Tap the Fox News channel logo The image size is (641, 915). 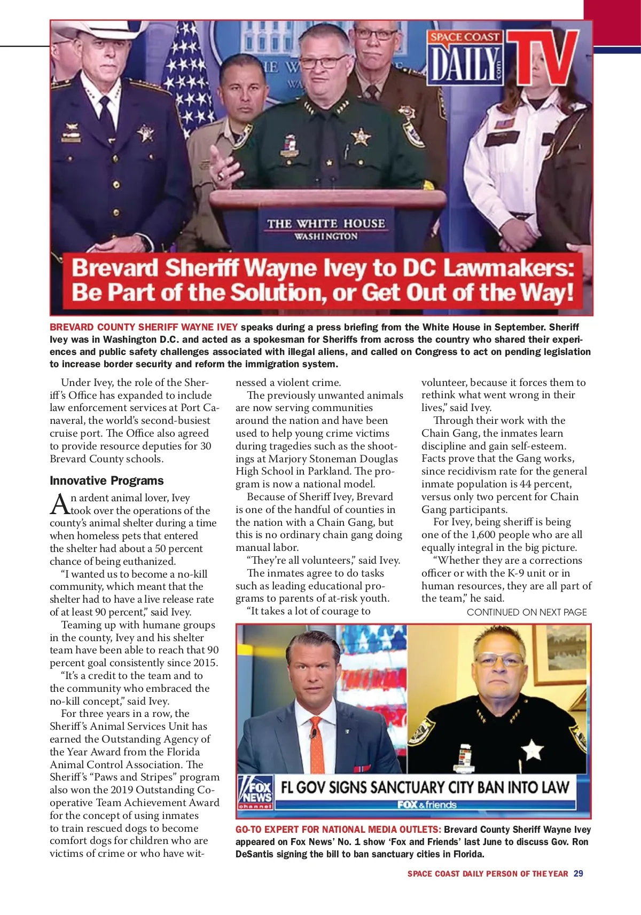click(256, 792)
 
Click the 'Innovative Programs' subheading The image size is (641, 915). click(107, 480)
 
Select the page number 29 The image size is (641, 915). click(579, 874)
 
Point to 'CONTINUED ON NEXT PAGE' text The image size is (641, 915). click(527, 612)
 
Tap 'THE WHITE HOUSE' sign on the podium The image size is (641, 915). click(326, 224)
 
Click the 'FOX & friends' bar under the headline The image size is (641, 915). click(427, 804)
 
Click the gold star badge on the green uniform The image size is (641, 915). click(361, 137)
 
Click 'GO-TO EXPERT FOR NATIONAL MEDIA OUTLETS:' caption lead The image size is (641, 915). click(339, 830)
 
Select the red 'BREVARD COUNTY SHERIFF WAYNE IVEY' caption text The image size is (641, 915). click(144, 327)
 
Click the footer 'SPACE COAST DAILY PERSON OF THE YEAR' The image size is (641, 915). click(488, 874)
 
